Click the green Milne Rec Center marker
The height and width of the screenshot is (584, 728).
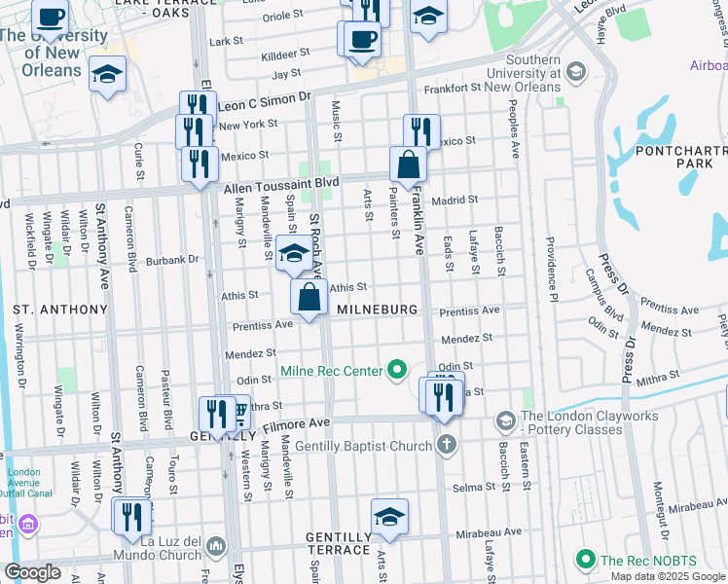click(x=396, y=370)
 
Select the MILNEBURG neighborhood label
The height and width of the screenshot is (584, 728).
click(x=377, y=310)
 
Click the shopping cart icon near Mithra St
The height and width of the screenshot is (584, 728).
click(x=237, y=415)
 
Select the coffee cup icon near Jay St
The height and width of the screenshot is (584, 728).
click(x=362, y=39)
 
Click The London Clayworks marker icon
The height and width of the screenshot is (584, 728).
click(x=505, y=420)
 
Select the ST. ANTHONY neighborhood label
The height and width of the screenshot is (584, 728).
click(x=59, y=310)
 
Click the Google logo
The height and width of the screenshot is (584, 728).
click(x=32, y=572)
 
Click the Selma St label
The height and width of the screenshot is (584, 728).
click(x=472, y=486)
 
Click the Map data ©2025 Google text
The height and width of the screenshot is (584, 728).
click(x=667, y=576)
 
